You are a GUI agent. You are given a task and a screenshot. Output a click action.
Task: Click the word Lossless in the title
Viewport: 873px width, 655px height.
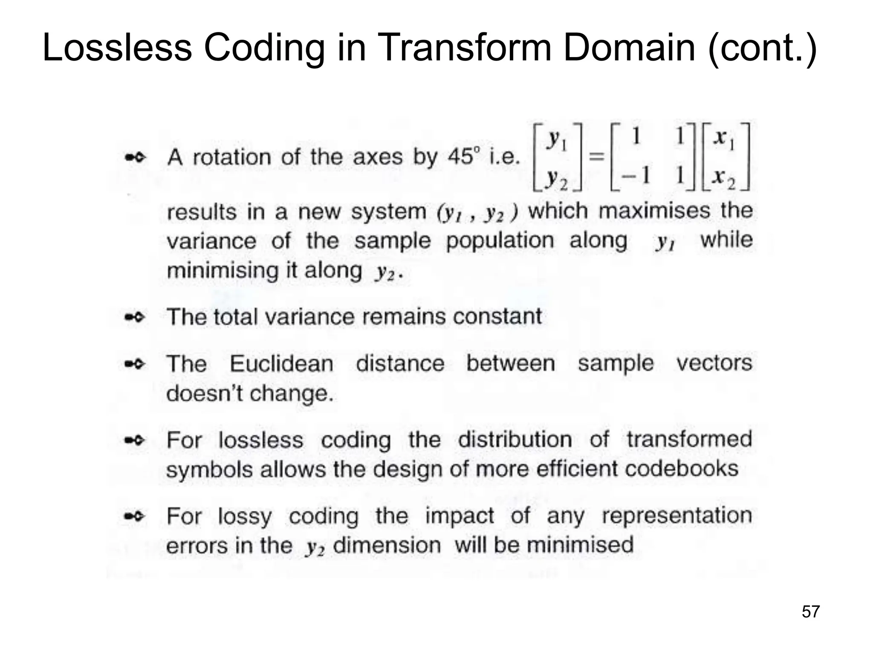click(117, 48)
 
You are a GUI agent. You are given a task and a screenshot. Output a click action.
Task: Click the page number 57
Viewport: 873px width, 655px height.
click(810, 612)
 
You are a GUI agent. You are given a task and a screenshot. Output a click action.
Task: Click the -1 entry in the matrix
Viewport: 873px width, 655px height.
click(635, 175)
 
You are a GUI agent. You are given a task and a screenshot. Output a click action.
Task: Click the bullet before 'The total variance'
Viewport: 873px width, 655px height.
click(135, 317)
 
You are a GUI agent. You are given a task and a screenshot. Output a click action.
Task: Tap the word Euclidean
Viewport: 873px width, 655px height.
click(282, 364)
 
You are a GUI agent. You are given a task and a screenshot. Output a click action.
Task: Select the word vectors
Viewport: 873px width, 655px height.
click(714, 363)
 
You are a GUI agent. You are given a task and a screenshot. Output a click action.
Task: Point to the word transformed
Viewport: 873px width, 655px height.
click(689, 439)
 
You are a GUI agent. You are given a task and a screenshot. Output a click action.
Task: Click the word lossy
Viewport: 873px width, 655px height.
click(244, 517)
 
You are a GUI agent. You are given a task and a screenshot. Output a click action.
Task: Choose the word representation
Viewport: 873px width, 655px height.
click(676, 516)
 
